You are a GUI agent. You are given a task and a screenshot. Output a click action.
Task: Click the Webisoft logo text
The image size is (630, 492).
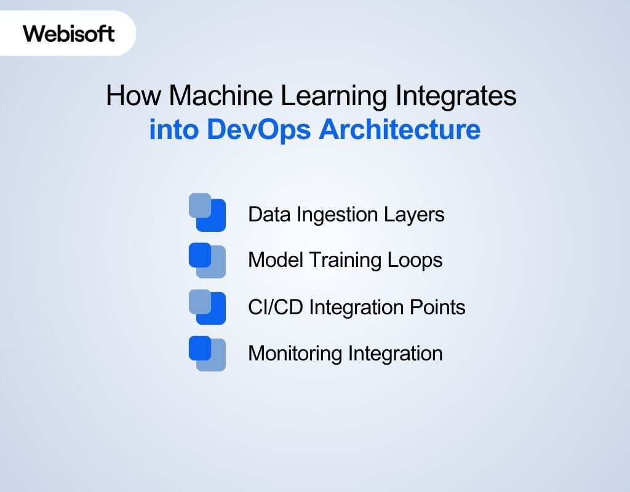point(69,33)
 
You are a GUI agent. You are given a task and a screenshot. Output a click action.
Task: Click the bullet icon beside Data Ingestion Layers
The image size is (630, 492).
point(207,213)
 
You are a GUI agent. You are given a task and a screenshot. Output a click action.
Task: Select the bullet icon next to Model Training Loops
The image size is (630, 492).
point(207,260)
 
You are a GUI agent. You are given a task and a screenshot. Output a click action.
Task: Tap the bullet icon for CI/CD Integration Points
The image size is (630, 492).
point(207,306)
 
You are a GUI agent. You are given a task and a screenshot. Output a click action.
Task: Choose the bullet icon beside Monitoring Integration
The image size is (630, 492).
point(207,353)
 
